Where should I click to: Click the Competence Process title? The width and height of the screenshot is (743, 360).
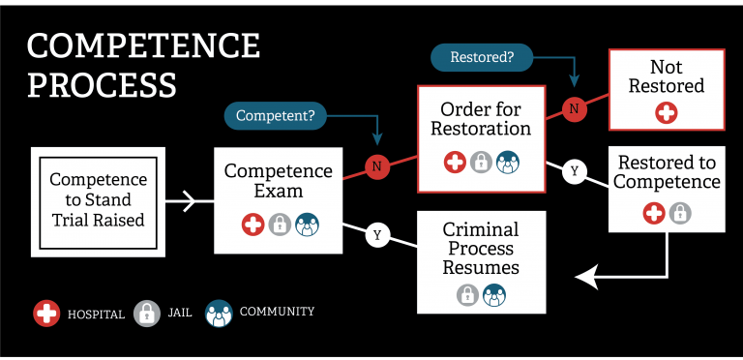143,64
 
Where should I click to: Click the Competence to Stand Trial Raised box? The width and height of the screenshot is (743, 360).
98,200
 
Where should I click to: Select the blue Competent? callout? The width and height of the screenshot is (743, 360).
276,116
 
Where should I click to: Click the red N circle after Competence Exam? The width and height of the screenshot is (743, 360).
376,166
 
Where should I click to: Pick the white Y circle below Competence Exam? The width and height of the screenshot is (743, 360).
377,235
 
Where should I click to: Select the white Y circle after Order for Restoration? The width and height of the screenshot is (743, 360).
575,171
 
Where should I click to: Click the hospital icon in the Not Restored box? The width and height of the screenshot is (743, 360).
667,113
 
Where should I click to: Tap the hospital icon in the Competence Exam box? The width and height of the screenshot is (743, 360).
253,225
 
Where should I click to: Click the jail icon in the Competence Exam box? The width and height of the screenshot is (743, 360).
280,225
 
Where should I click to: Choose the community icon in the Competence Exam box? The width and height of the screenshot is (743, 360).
306,225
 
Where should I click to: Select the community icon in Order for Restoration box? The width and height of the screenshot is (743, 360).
508,162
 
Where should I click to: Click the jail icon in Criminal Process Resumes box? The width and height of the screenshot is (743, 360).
467,294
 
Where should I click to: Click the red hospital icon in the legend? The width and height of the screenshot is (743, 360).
46,314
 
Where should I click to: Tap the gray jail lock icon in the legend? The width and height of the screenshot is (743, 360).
147,314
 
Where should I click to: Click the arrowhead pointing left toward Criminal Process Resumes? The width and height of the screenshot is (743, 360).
584,278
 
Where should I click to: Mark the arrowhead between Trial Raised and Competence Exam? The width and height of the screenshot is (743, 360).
190,202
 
